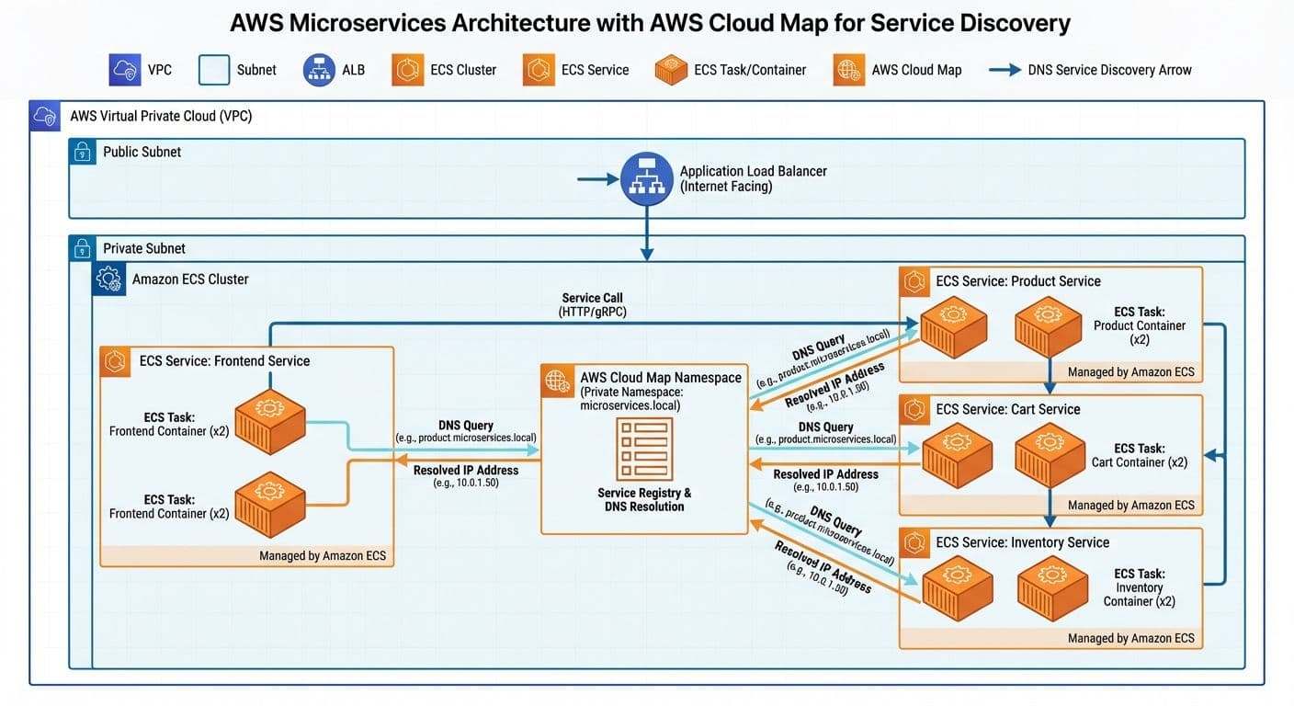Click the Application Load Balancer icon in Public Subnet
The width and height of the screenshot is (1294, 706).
point(647,178)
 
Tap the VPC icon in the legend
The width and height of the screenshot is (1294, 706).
point(124,70)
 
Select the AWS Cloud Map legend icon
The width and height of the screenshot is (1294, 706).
point(848,70)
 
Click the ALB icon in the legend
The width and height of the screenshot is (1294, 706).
point(319,70)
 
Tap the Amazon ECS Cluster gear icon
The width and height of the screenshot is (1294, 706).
point(108,279)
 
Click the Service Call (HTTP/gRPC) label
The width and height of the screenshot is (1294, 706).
point(593,305)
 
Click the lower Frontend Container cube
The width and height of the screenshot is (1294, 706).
point(269,505)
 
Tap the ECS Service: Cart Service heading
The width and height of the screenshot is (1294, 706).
point(1007,409)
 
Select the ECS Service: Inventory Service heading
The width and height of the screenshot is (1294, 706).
point(1022,542)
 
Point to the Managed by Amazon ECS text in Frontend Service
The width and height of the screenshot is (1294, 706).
point(323,555)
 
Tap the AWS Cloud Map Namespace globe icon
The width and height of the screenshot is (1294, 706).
point(557,379)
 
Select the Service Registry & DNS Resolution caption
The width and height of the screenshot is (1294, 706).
point(643,500)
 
